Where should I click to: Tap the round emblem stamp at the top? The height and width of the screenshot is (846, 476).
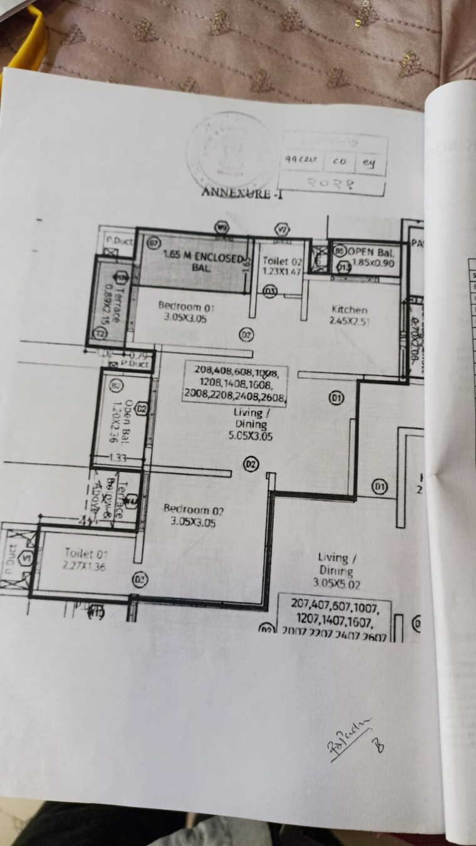pos(229,150)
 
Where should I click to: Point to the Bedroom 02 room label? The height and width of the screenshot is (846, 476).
pos(194,516)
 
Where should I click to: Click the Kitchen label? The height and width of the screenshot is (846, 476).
pos(349,315)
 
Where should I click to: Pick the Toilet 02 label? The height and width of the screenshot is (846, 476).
pos(282,267)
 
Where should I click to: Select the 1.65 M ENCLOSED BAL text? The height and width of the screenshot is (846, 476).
pos(202,261)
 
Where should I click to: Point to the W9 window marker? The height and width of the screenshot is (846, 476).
pos(221,227)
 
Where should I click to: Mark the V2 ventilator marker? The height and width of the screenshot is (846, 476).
pos(283,229)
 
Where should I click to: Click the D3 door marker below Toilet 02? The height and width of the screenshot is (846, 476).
pos(270,291)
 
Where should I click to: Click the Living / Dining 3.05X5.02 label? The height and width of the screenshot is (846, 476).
pos(336,570)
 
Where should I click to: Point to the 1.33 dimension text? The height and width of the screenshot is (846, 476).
pos(117,458)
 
